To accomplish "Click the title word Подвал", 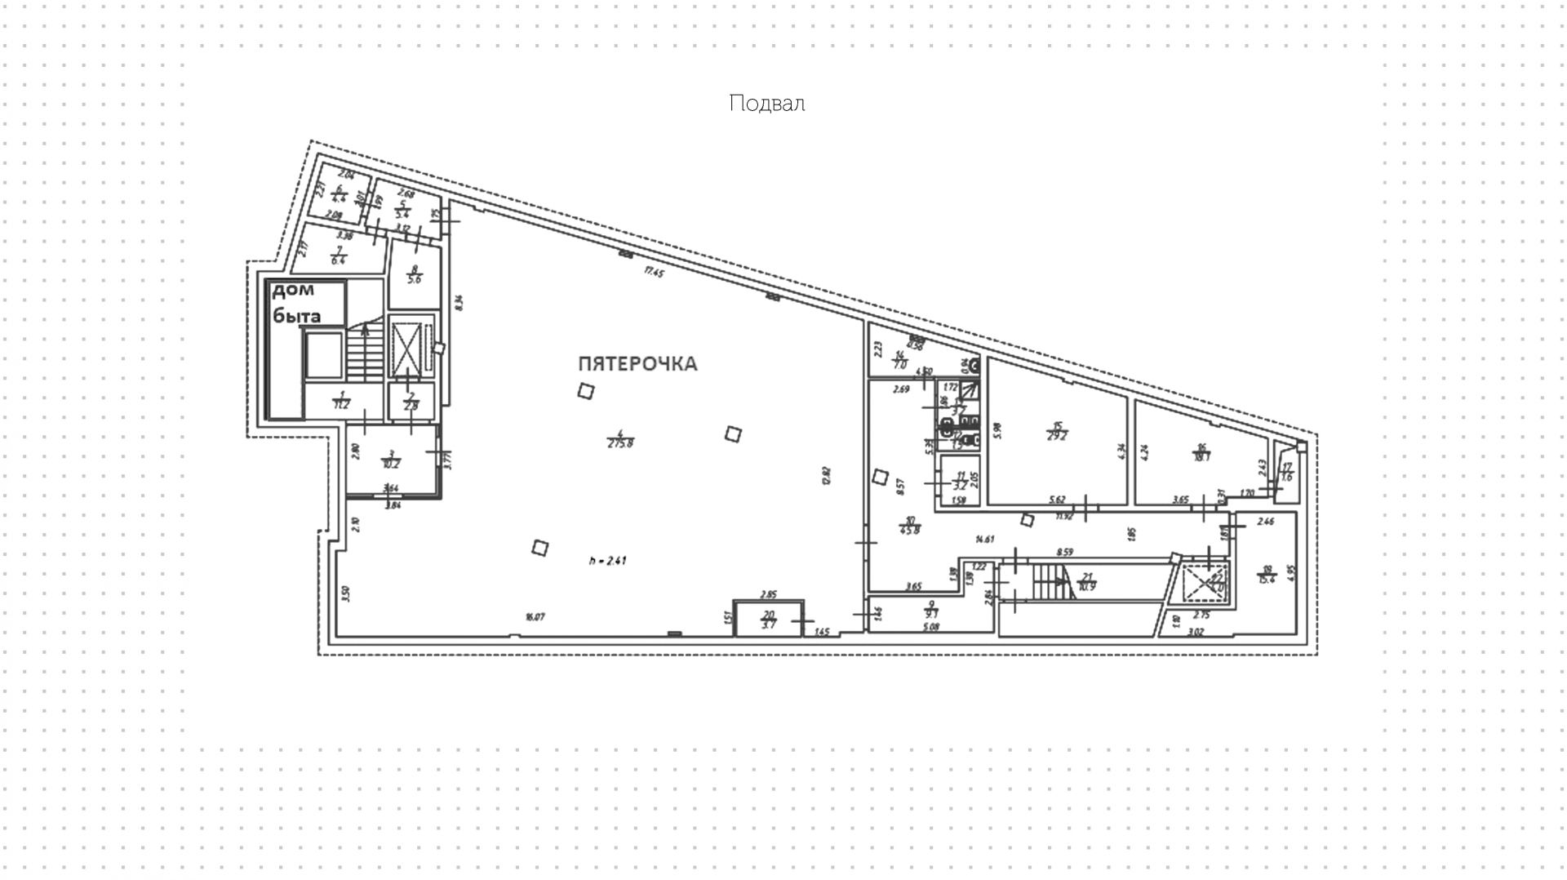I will [766, 104].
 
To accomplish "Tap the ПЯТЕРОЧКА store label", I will [637, 364].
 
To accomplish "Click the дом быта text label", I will [295, 303].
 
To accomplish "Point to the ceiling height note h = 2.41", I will [608, 561].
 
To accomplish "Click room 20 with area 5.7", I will [768, 620].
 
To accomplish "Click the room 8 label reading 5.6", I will [414, 274].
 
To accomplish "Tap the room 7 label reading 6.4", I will [339, 256].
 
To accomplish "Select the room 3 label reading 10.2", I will [391, 460].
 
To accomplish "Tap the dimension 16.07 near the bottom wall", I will [535, 617].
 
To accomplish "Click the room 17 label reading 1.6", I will [1287, 473].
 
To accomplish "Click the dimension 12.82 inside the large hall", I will [826, 475].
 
